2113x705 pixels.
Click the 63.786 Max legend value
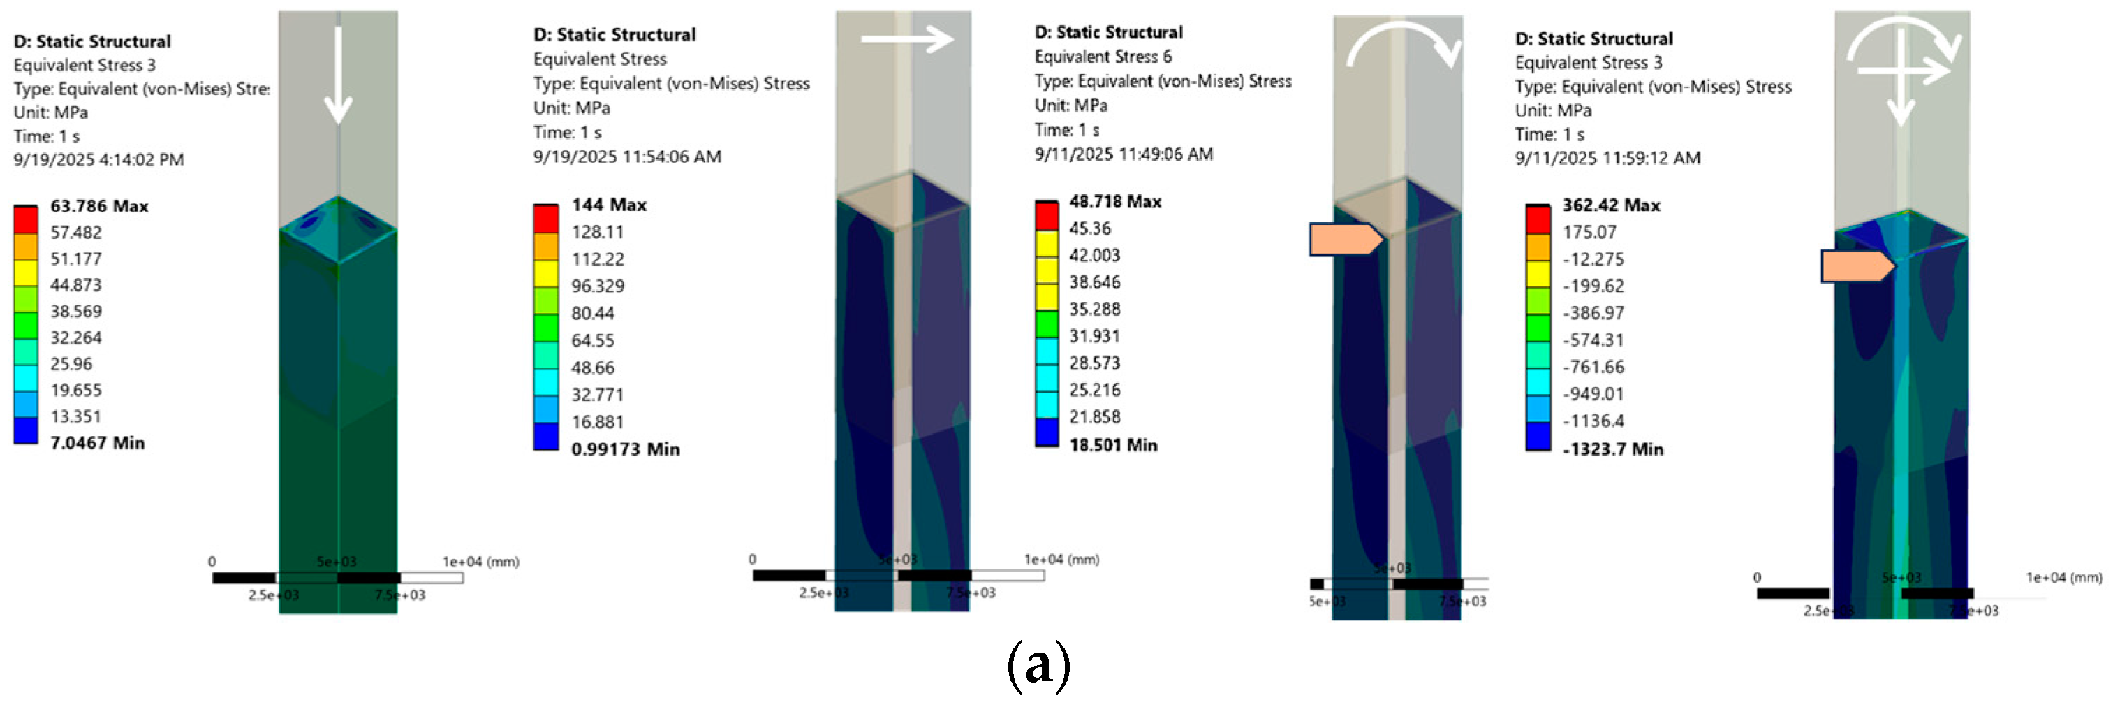coord(99,206)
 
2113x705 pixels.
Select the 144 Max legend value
coord(609,204)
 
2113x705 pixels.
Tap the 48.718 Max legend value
coord(1114,201)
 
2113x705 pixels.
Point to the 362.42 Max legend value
coord(1611,205)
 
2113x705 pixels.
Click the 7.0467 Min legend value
coord(98,443)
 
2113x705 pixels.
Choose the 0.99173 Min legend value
coord(625,449)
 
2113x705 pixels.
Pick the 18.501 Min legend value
coord(1113,445)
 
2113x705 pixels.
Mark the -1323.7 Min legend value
coord(1612,449)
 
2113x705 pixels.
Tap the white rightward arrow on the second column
coord(907,38)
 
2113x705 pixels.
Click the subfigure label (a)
coord(1038,664)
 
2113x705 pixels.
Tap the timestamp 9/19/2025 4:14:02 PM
coord(98,159)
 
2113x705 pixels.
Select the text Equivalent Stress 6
coord(1103,57)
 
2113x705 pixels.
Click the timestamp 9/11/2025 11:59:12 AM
coord(1607,158)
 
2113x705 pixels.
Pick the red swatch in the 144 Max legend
coord(545,218)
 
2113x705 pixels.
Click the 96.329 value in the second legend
coord(597,286)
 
